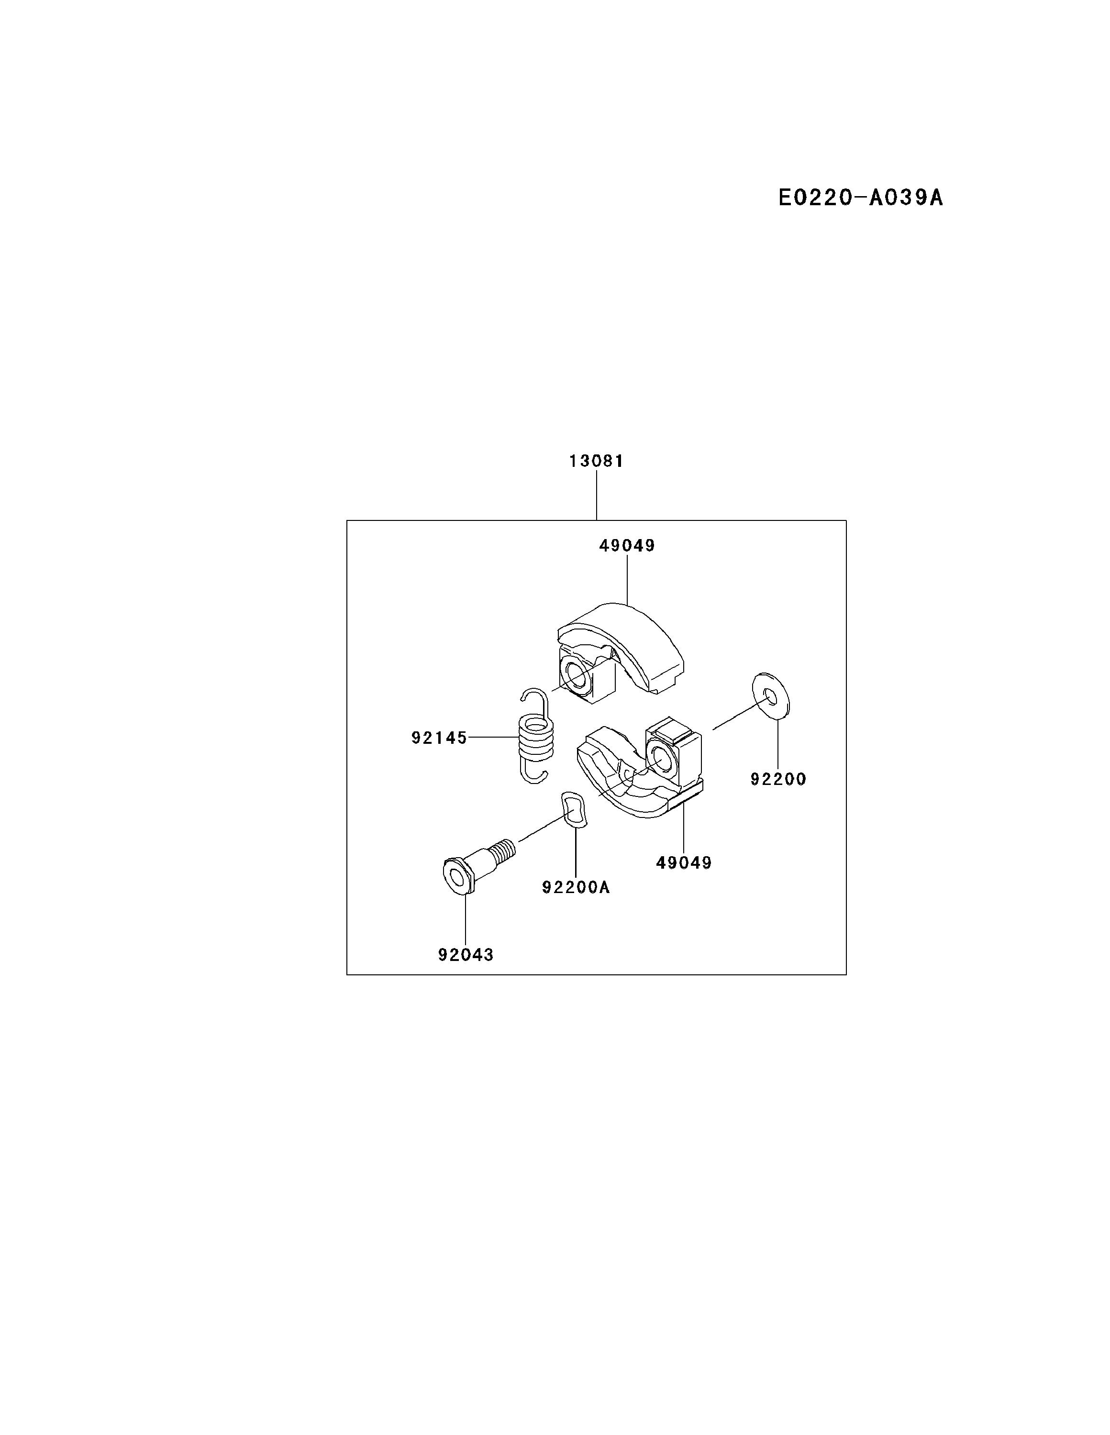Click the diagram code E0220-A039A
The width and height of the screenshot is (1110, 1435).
[x=860, y=198]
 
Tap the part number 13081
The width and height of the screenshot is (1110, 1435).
[x=596, y=461]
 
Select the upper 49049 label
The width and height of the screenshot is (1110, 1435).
[x=627, y=546]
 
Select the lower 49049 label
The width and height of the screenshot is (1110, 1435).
[x=684, y=863]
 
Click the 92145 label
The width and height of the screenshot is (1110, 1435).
[x=439, y=739]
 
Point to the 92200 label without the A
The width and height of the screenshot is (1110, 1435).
[x=778, y=779]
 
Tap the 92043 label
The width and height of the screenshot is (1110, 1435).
[x=466, y=955]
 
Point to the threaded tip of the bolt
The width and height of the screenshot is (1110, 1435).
[x=505, y=850]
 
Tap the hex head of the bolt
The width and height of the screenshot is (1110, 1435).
[x=457, y=874]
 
